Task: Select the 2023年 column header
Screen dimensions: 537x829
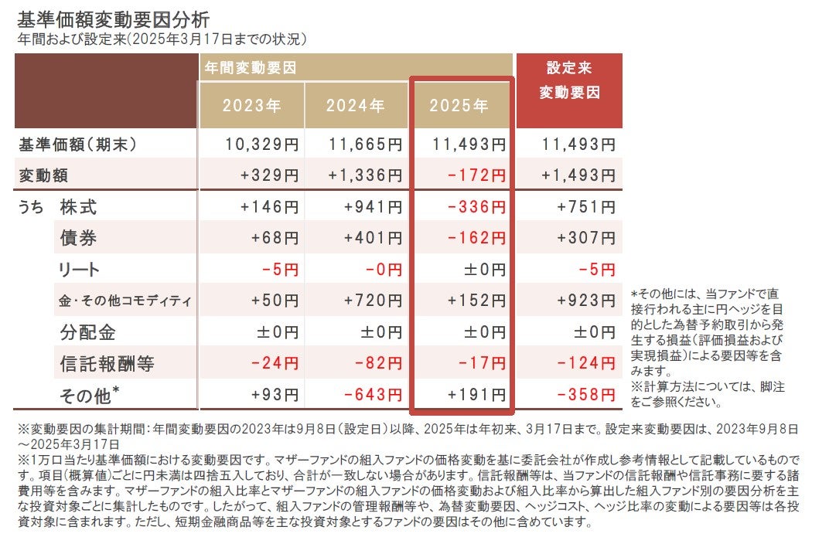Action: tap(251, 105)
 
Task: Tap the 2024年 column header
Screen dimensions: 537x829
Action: tap(355, 105)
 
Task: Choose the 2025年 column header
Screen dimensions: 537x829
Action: tap(459, 105)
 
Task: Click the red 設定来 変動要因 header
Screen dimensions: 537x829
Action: tap(568, 80)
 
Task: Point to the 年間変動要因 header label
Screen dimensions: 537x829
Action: tap(251, 67)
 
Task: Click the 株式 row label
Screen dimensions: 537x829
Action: tap(78, 207)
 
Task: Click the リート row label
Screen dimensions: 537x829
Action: tap(80, 270)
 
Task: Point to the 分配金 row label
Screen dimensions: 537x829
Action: tap(87, 332)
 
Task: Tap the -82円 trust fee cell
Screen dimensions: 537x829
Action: tap(378, 363)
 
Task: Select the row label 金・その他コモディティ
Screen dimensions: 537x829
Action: tap(125, 301)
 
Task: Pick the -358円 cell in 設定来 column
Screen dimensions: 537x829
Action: tap(586, 395)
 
